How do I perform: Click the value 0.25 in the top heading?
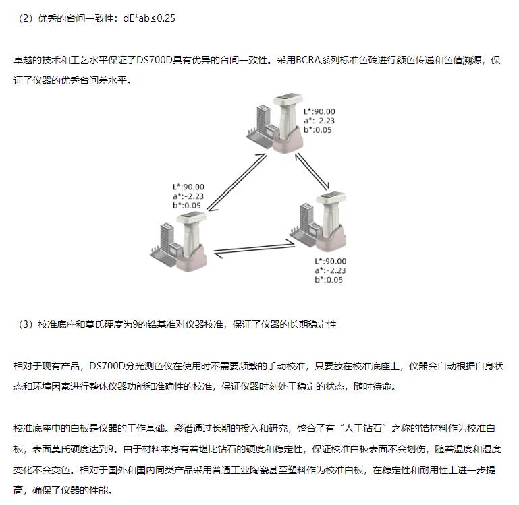(165, 18)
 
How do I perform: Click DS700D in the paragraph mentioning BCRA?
(155, 60)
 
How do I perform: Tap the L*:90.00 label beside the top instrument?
(319, 111)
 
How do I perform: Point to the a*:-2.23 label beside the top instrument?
(319, 121)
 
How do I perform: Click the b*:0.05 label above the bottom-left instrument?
(187, 206)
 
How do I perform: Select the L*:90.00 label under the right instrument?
(330, 261)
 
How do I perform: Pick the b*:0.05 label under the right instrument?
(329, 280)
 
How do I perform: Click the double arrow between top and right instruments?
(312, 171)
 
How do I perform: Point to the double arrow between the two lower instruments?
(254, 249)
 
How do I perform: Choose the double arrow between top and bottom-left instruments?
(237, 182)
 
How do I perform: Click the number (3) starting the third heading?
(26, 324)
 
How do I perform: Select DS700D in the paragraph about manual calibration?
(107, 366)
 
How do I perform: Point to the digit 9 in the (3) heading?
(135, 324)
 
